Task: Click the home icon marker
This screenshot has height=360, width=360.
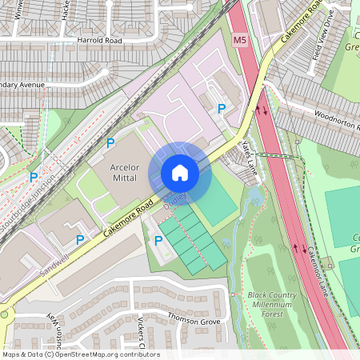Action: (x=180, y=173)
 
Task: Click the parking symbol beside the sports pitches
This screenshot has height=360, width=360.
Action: (x=158, y=240)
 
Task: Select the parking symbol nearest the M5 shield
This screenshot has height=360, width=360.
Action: (x=222, y=109)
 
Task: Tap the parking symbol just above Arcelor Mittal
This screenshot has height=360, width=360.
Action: (x=110, y=143)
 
